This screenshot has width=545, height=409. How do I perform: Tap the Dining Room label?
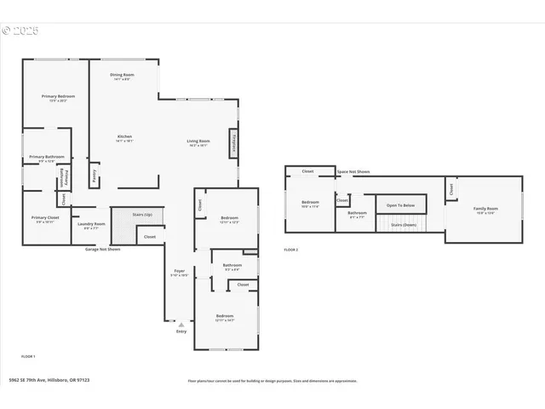click(122, 75)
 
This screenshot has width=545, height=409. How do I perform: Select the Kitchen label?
click(124, 136)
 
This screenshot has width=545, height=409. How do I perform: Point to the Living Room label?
click(198, 141)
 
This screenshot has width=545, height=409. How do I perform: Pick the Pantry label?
click(95, 176)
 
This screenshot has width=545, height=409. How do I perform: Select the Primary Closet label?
click(45, 218)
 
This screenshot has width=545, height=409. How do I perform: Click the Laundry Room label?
click(94, 224)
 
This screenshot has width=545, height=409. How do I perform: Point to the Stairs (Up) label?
click(141, 215)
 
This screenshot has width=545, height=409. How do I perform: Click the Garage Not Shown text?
click(102, 250)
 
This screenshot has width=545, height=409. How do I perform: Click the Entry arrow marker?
click(181, 325)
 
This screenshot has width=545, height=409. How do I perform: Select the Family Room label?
click(485, 209)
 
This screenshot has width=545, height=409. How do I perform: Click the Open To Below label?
click(400, 205)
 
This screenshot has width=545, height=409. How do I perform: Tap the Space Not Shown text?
click(353, 172)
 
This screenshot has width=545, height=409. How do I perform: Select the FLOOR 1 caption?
click(28, 355)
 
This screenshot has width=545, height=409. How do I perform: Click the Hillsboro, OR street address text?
click(49, 380)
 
